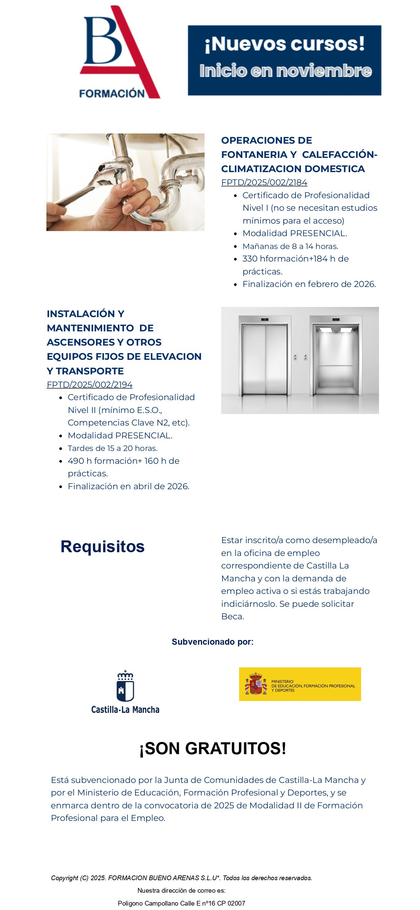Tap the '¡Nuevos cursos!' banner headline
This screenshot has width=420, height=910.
(x=285, y=44)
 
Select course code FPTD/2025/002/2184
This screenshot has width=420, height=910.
(x=264, y=182)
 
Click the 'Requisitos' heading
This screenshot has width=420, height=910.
(x=102, y=546)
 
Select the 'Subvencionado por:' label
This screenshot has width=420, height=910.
(x=212, y=642)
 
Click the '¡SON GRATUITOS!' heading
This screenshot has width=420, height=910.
(x=213, y=748)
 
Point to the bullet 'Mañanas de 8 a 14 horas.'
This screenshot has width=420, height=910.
(x=290, y=246)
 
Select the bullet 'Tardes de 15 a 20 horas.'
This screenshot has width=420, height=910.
(x=113, y=448)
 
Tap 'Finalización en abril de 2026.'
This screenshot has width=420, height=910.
(x=128, y=486)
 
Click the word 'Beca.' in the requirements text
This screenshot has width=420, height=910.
(x=232, y=617)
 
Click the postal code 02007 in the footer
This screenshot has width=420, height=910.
(x=236, y=903)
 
